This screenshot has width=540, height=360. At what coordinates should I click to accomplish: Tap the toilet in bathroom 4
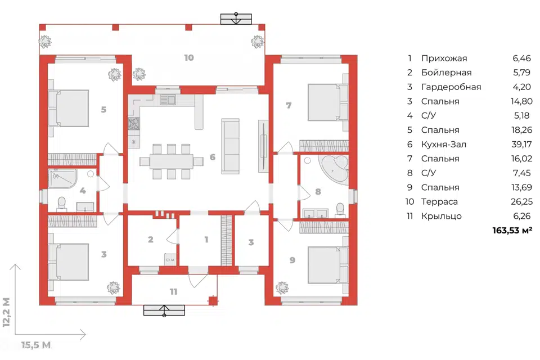[62, 203]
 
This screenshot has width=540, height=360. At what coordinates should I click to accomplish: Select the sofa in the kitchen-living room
[230, 146]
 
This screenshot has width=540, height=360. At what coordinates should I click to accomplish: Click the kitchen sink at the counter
[168, 100]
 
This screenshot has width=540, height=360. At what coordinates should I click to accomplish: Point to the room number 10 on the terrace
[189, 57]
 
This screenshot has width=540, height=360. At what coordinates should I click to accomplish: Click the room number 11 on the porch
[174, 292]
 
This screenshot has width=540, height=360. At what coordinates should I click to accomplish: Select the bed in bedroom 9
[327, 264]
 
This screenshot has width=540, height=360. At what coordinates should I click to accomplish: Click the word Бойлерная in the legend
[446, 73]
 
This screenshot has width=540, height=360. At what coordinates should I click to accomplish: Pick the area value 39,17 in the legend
[522, 145]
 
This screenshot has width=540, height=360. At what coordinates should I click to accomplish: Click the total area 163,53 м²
[512, 231]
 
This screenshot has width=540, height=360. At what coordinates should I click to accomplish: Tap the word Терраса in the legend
[439, 202]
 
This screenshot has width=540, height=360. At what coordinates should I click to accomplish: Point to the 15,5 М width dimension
[36, 345]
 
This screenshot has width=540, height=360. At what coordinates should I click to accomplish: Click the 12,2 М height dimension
[6, 312]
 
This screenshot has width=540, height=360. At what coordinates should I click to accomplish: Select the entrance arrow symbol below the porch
[164, 310]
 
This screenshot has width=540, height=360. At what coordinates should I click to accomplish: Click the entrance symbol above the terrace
[236, 19]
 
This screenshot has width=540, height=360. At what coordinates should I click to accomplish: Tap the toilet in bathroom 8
[340, 210]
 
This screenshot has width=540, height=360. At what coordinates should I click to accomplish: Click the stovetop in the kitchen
[134, 124]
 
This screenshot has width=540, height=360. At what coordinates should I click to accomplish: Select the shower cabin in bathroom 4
[62, 178]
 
